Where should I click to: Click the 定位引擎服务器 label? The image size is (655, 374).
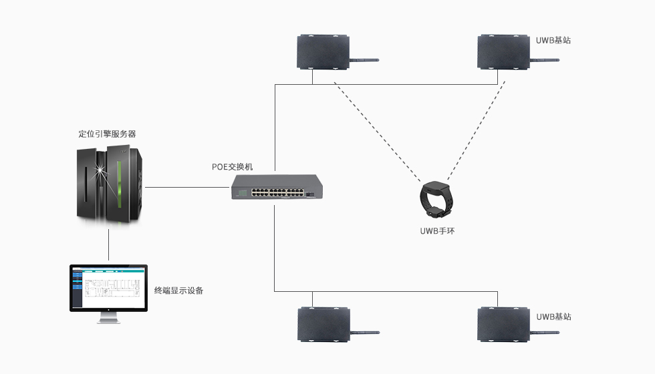click(108, 134)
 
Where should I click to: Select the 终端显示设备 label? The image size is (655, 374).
click(178, 291)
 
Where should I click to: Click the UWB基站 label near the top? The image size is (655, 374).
click(553, 40)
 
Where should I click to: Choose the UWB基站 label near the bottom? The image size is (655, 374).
click(553, 317)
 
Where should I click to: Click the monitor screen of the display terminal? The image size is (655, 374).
click(108, 287)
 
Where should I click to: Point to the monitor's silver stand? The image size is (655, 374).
click(108, 317)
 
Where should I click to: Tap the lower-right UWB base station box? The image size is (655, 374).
click(505, 324)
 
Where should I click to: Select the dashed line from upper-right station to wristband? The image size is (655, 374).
click(474, 130)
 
